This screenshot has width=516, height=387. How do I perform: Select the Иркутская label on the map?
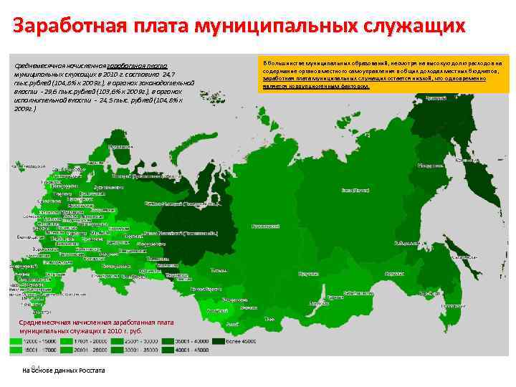[308, 273]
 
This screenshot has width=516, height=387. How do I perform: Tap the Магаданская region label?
[431, 165]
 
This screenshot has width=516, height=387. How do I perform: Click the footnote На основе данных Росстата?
[64, 371]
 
